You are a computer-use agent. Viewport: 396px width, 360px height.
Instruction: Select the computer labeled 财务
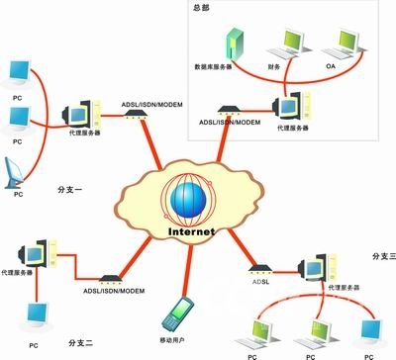290,41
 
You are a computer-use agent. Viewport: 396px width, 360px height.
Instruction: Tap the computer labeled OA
346,40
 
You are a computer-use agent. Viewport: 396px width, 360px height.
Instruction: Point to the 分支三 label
382,256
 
